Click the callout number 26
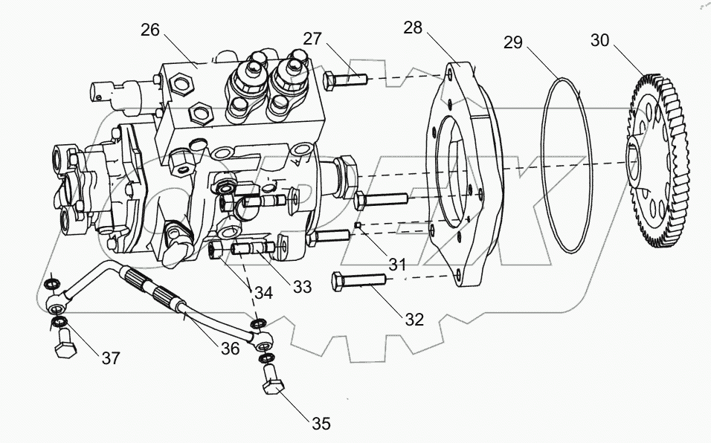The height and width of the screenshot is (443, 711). tap(149, 30)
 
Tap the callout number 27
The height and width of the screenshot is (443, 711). tap(312, 39)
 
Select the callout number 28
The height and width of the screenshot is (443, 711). tap(413, 29)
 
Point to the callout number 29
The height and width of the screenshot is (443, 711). tap(513, 43)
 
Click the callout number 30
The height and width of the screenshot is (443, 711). tap(599, 39)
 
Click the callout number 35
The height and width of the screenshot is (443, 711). tap(321, 424)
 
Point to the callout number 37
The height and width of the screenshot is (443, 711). tap(111, 358)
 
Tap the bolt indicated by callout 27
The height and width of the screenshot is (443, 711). tap(345, 77)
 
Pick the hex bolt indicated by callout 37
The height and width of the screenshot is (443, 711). tap(63, 347)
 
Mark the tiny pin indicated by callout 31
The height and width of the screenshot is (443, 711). tap(358, 226)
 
